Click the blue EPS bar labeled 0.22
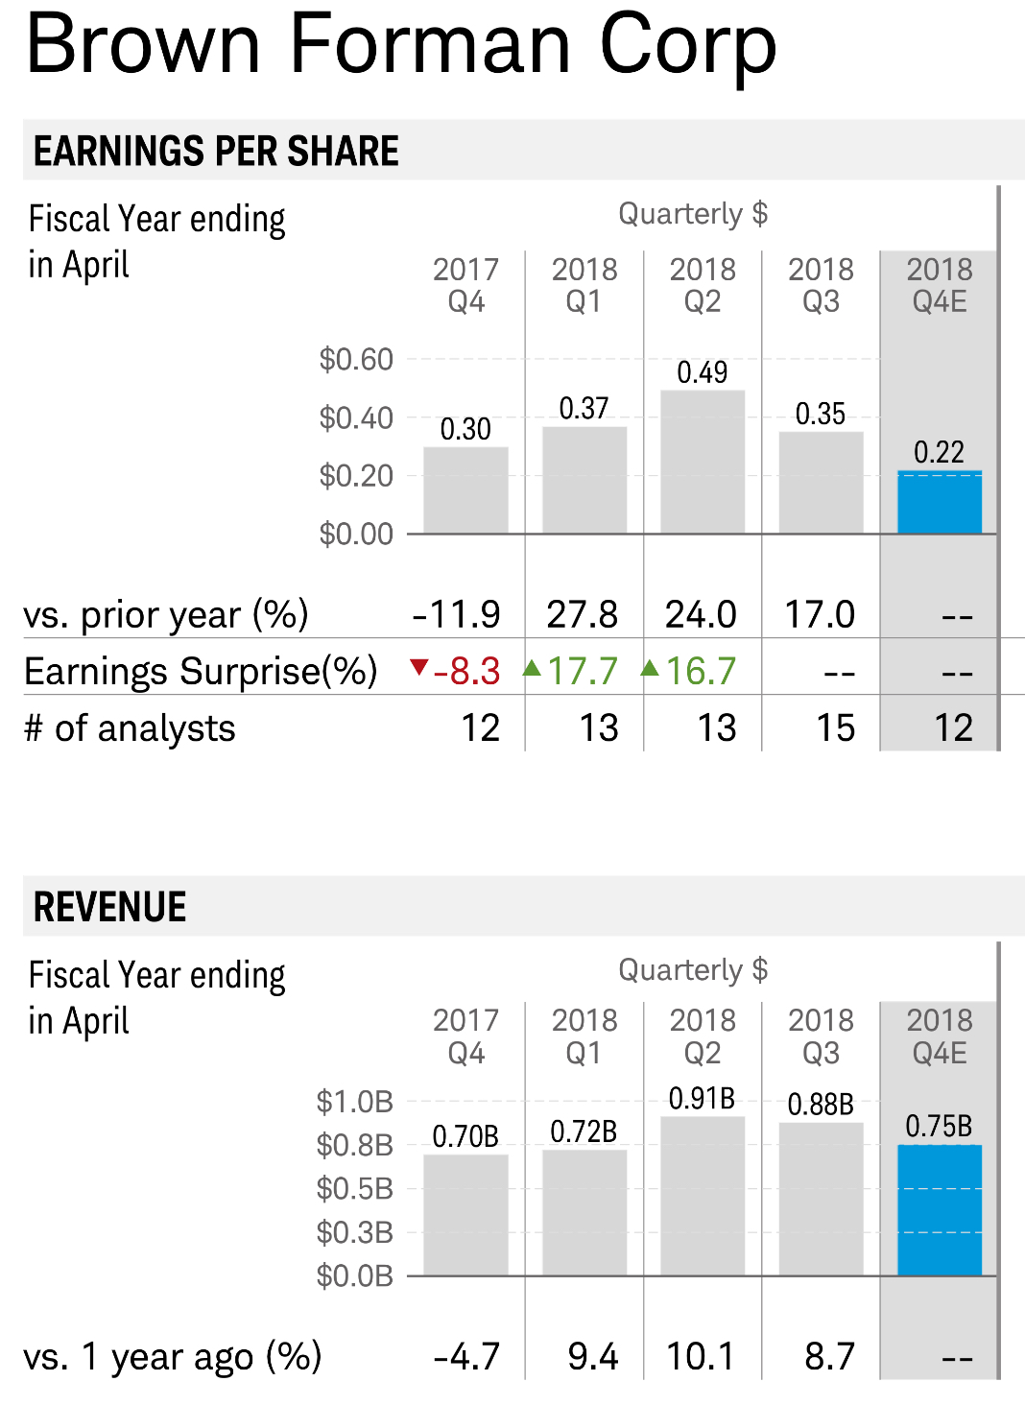[939, 502]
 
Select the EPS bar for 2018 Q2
[703, 462]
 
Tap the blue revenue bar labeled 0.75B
[939, 1210]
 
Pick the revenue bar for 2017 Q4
[465, 1215]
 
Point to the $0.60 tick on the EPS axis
[356, 360]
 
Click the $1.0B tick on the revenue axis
[354, 1102]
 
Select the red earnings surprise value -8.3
[466, 672]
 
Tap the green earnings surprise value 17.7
[583, 672]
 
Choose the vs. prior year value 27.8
[583, 614]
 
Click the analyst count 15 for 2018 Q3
[835, 728]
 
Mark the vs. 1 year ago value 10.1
[701, 1357]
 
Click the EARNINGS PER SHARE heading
[216, 152]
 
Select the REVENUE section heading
[110, 907]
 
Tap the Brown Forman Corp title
[401, 44]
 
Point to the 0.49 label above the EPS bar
[703, 372]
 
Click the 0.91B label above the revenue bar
[703, 1098]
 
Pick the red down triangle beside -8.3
[418, 666]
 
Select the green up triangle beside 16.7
[651, 667]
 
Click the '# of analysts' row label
[130, 728]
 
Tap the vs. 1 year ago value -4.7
[466, 1357]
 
